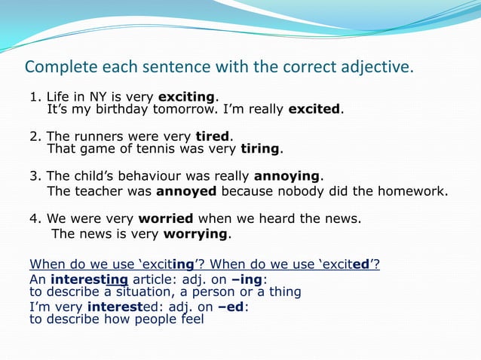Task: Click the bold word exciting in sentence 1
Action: [x=186, y=97]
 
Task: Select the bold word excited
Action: [x=314, y=109]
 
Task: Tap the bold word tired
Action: [x=212, y=137]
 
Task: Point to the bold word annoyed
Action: [x=187, y=191]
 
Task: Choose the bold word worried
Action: [x=166, y=219]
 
